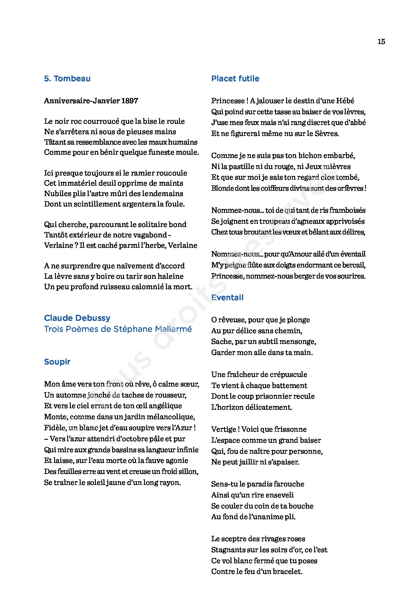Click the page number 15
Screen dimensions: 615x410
(381, 41)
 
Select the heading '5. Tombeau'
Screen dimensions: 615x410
(67, 79)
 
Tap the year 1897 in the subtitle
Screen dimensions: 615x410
(129, 101)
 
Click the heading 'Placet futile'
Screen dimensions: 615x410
(235, 79)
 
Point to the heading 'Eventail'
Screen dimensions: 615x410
(227, 298)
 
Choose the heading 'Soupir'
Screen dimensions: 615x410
(57, 362)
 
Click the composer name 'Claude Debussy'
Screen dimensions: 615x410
(77, 318)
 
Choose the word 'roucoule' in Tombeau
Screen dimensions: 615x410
(172, 173)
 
